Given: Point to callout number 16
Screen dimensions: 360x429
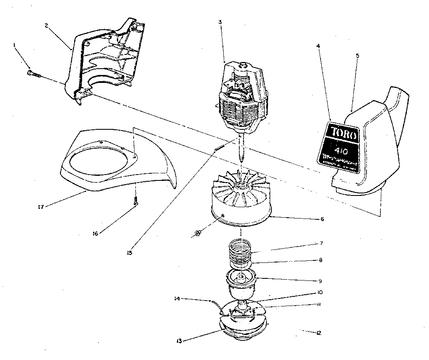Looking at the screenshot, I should coord(96,233).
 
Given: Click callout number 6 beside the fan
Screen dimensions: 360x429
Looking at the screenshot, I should coord(322,219).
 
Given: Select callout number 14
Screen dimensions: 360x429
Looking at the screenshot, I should coord(177,299).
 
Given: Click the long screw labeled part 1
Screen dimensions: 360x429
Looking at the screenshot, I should coord(34,74).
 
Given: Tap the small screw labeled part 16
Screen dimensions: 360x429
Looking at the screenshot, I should coord(135,201).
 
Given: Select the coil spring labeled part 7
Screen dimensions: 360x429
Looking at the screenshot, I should coord(240,249).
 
